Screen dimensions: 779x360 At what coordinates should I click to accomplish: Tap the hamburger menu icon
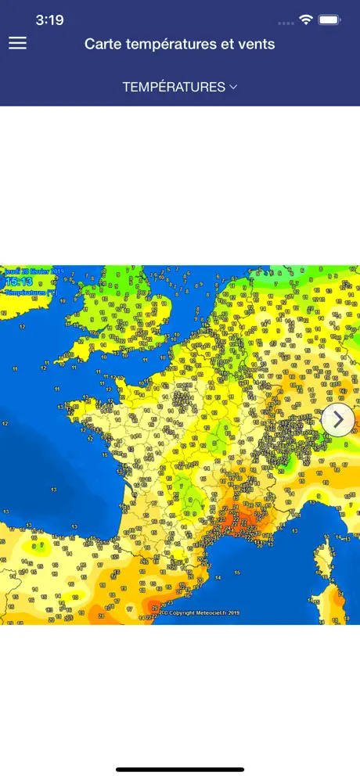pos(17,44)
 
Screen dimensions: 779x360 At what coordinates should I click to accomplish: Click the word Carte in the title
pos(103,44)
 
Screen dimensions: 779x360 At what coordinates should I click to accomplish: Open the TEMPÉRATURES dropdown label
pos(174,87)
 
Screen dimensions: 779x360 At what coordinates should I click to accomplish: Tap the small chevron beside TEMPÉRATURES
pos(233,87)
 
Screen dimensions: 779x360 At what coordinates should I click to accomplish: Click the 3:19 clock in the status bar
pos(49,20)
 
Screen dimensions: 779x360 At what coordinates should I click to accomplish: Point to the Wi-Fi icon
pos(306,19)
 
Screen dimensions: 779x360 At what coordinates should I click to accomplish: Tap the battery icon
pos(330,19)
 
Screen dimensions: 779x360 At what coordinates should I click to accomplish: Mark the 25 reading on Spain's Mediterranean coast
pos(153,606)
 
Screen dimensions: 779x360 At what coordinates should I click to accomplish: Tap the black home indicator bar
pos(180,770)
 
